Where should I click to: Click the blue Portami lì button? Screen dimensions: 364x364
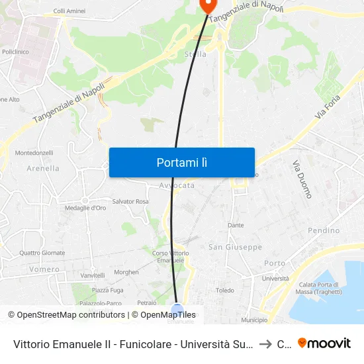point(181,162)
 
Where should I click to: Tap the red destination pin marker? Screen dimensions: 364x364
point(207,5)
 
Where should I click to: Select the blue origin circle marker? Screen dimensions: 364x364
point(177,309)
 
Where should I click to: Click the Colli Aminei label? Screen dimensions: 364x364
point(69,11)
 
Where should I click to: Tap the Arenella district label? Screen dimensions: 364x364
point(43,168)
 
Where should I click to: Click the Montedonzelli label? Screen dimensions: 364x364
point(34,152)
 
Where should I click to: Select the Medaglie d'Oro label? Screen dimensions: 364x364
point(85,208)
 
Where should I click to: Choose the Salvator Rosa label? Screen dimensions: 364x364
point(130,201)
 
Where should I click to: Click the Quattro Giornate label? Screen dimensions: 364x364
point(42,252)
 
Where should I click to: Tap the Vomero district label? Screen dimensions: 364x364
point(44,269)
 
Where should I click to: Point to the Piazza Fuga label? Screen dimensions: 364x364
point(107,290)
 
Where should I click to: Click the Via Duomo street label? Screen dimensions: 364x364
point(301,179)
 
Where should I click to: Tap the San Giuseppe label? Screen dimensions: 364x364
point(235,247)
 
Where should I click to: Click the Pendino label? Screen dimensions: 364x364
point(324,230)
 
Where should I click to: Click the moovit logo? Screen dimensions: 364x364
point(324,343)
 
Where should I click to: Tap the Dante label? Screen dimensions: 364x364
point(236,225)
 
